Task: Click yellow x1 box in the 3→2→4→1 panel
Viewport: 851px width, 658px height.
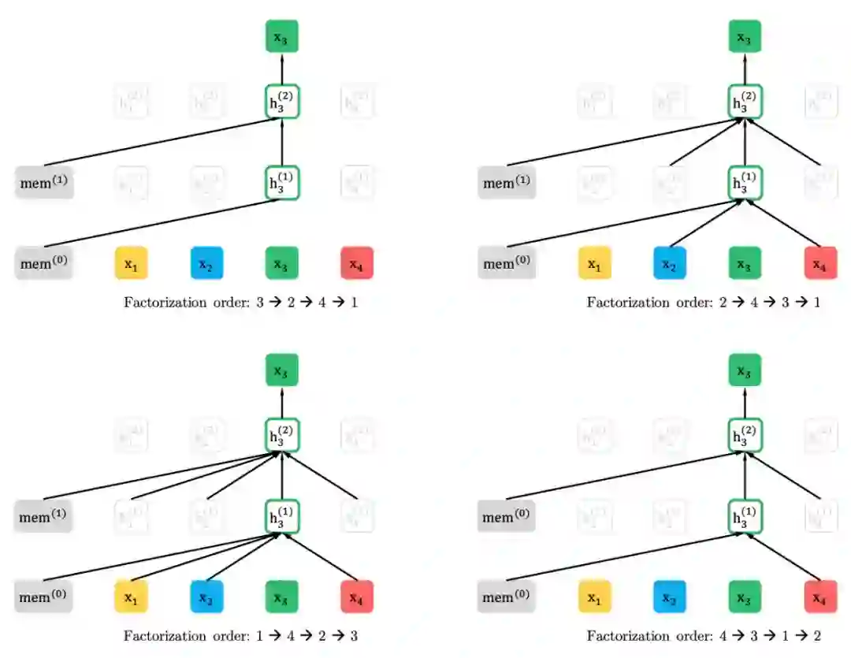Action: tap(132, 263)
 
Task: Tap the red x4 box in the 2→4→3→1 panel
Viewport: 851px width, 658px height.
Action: tap(820, 263)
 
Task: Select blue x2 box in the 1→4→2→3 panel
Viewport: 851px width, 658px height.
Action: tap(206, 597)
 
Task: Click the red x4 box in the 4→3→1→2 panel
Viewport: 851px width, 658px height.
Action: tap(820, 597)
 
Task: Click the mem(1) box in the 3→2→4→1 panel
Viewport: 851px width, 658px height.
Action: tap(44, 184)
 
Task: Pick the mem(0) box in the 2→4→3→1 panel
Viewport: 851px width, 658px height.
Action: tap(507, 263)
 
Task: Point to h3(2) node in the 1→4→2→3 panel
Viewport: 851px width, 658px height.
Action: tap(282, 434)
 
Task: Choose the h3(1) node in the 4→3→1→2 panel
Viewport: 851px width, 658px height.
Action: tap(745, 518)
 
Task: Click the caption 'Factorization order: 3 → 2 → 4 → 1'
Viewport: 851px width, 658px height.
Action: tap(240, 303)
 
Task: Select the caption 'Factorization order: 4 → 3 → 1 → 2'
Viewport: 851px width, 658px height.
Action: tap(704, 635)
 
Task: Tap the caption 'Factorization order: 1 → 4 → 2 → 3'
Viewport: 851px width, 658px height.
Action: tap(240, 635)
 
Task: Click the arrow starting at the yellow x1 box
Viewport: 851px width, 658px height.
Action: tap(205, 557)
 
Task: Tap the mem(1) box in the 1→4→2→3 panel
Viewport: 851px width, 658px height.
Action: tap(44, 518)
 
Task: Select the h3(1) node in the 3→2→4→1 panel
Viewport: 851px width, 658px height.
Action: tap(282, 184)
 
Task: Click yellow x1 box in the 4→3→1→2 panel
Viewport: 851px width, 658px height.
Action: tap(594, 597)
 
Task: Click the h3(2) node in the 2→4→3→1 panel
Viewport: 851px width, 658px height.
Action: tap(745, 101)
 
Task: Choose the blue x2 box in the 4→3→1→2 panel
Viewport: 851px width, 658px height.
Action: tap(669, 597)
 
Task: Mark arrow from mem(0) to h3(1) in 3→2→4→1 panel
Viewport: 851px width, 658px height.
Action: tap(158, 224)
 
